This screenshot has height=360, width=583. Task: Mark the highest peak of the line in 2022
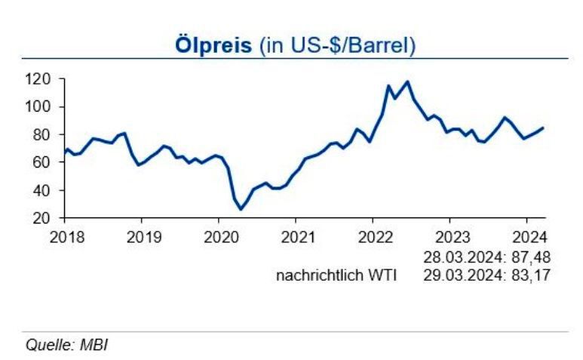tap(407, 82)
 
